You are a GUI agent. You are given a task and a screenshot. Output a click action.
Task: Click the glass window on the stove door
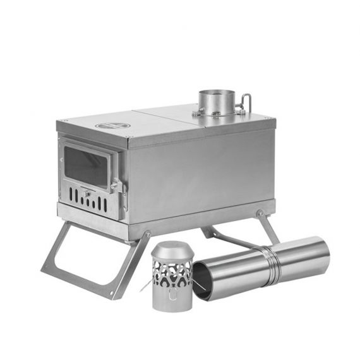coord(87,165)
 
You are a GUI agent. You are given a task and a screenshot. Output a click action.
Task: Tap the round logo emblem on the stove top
coord(112,126)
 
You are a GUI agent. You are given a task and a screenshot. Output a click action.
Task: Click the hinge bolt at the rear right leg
coord(259,213)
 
